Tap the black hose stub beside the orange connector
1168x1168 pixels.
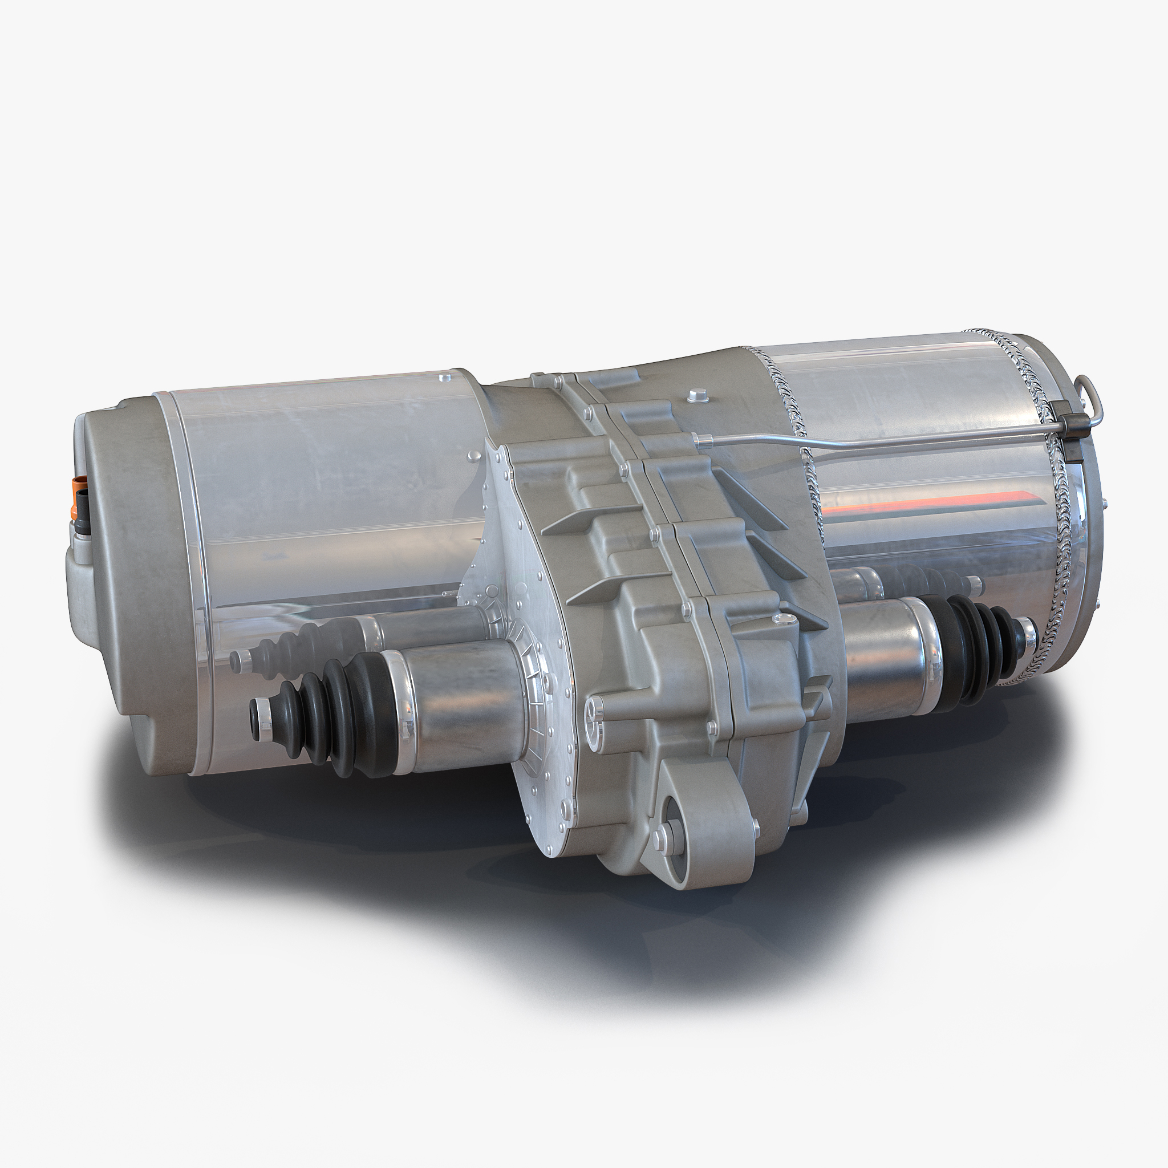[x=82, y=514]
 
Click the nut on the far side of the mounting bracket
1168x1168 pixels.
[x=755, y=826]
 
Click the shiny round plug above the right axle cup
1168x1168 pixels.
[x=784, y=618]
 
